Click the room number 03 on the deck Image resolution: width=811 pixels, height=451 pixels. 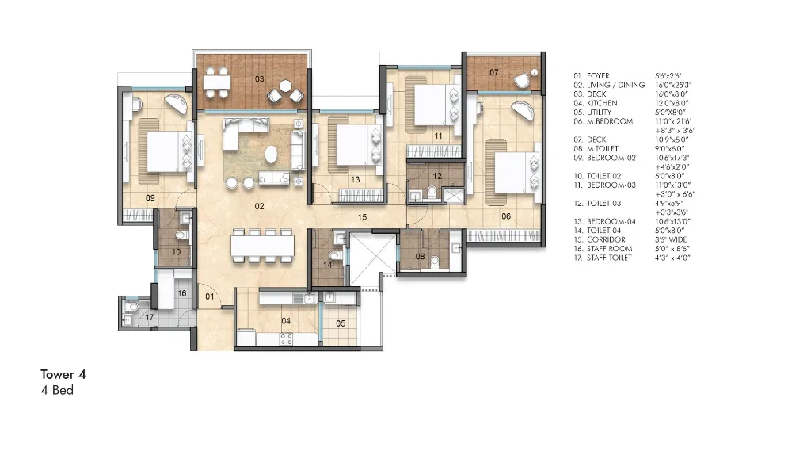(259, 79)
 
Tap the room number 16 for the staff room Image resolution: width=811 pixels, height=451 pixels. (181, 293)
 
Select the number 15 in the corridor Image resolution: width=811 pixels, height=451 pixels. (362, 216)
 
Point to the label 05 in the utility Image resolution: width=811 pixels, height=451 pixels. (341, 323)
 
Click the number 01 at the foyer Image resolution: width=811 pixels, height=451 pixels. (210, 296)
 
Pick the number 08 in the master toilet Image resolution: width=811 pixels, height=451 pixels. (420, 256)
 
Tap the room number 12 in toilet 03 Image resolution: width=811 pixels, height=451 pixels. (437, 176)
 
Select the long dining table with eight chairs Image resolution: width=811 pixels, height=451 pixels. (263, 245)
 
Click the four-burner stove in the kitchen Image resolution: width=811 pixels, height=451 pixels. (285, 338)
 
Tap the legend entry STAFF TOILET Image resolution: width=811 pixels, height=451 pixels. (609, 258)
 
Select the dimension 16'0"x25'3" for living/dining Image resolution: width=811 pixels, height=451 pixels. (673, 85)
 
